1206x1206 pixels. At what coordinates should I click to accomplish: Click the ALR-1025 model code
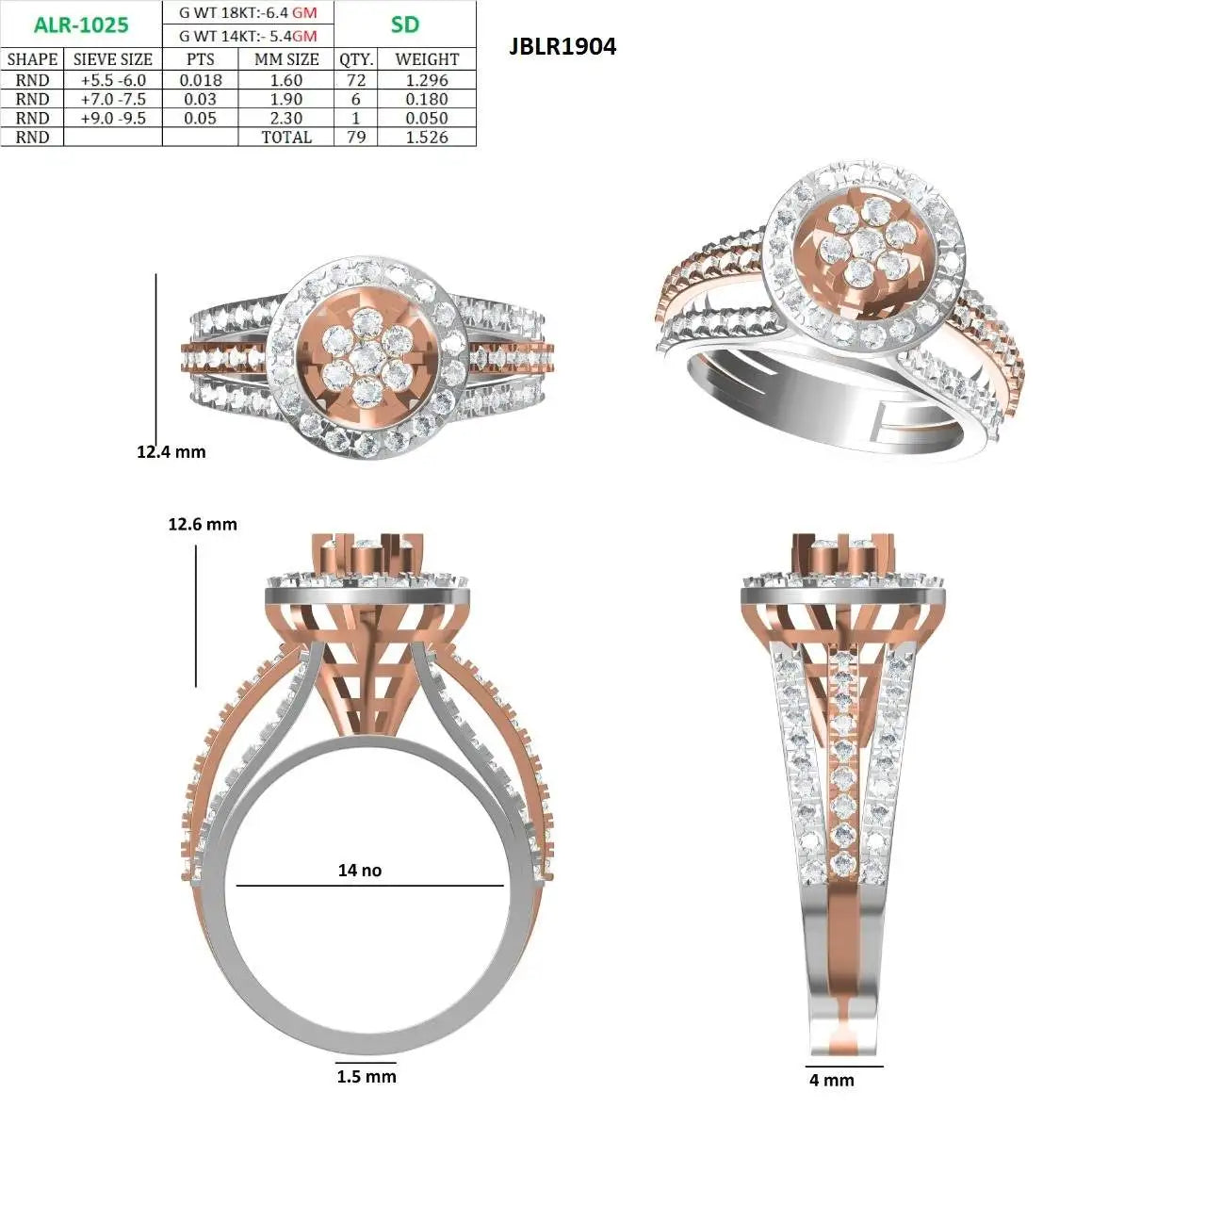click(x=81, y=25)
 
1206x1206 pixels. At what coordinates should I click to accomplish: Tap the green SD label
click(x=404, y=24)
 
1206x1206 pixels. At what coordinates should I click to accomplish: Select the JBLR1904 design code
click(x=562, y=46)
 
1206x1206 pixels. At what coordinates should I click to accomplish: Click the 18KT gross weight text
click(x=248, y=12)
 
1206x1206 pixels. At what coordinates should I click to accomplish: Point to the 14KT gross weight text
click(x=248, y=37)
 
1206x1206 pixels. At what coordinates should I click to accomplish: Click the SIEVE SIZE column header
click(x=113, y=59)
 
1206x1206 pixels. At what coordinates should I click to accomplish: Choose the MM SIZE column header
click(x=286, y=59)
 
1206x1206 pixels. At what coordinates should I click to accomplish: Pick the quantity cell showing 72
click(x=356, y=80)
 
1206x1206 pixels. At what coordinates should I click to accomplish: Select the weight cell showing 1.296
click(x=427, y=80)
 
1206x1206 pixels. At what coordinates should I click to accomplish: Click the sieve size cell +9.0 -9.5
click(x=113, y=119)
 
